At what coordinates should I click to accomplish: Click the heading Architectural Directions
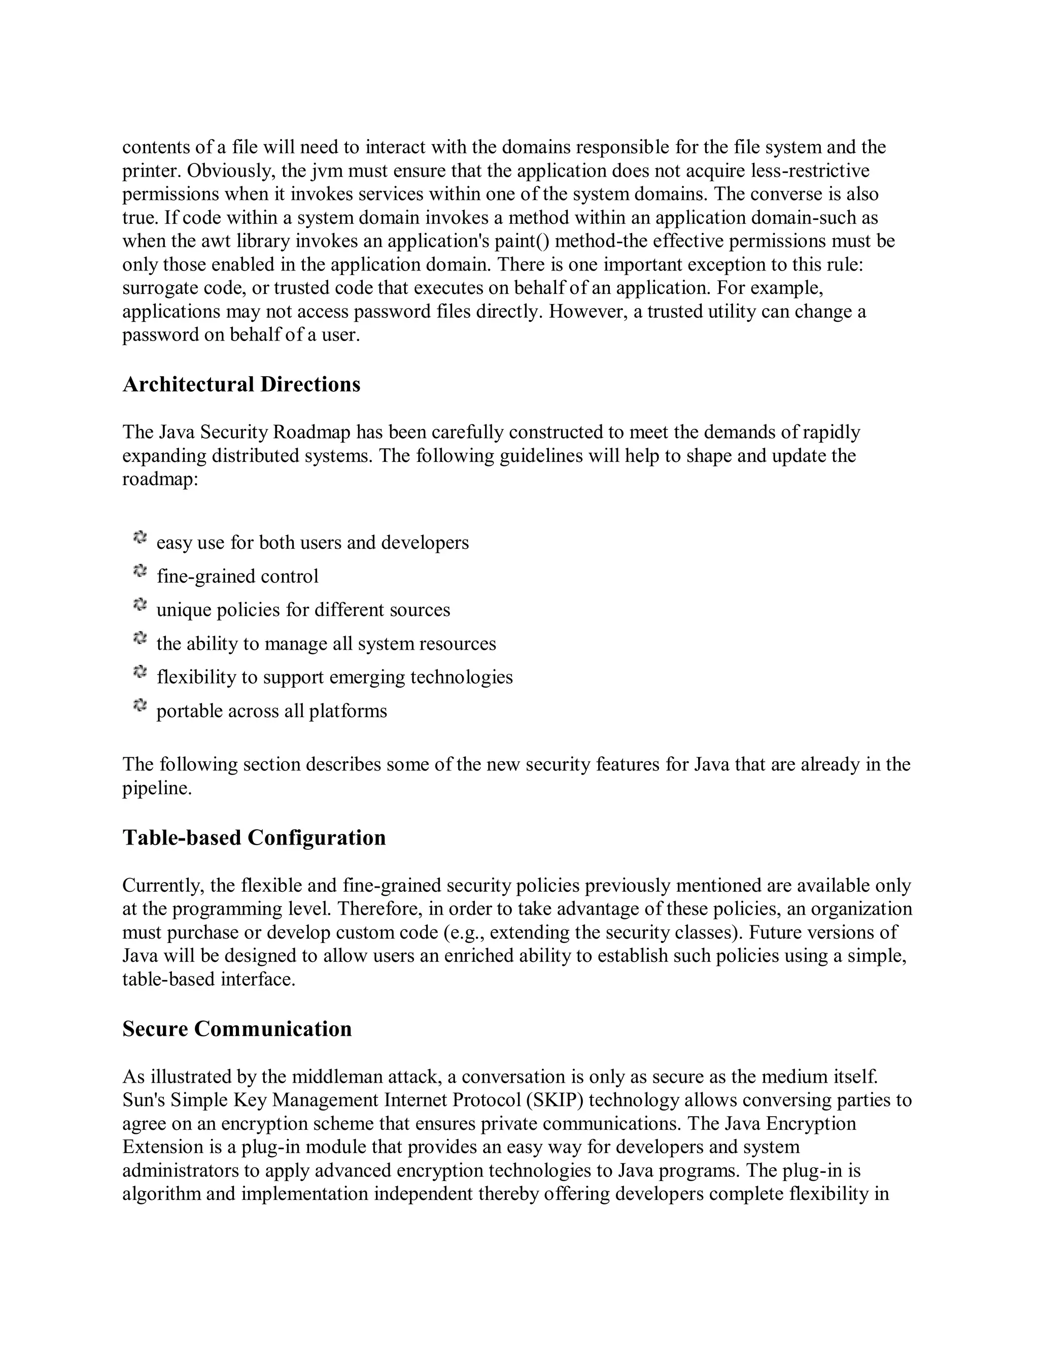tap(241, 384)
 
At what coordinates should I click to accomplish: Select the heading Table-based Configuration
tap(254, 837)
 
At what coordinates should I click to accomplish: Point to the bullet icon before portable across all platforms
tap(140, 706)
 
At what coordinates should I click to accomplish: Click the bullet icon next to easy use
tap(140, 537)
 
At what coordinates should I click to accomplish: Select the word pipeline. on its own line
tap(157, 788)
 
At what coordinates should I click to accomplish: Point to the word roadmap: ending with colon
tap(160, 479)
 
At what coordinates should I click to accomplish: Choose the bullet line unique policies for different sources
tap(303, 610)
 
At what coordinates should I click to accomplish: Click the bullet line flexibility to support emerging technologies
tap(334, 678)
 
